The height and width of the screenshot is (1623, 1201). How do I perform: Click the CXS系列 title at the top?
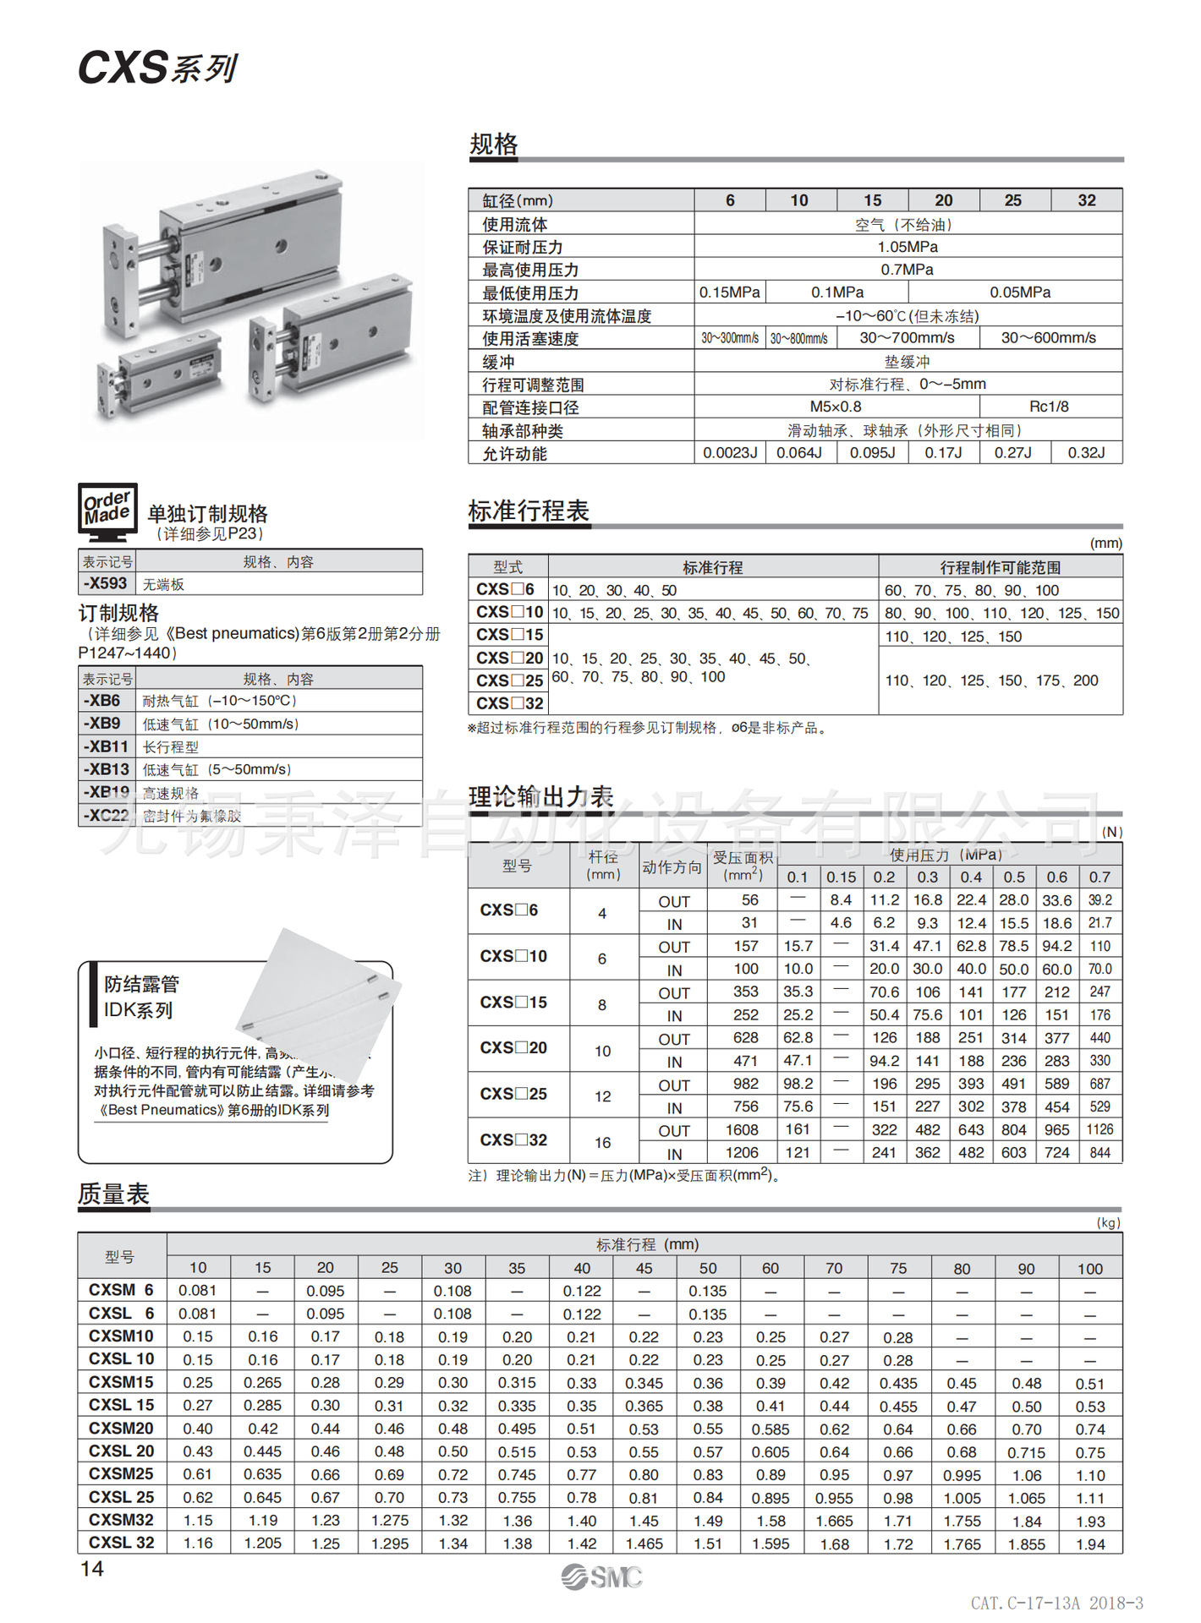tap(157, 68)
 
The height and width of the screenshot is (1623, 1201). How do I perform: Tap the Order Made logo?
tap(107, 511)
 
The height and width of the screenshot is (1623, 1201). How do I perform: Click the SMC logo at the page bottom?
tap(601, 1577)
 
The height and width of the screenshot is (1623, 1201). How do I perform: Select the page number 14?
tap(92, 1569)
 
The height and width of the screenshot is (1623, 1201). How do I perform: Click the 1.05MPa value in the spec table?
tap(908, 247)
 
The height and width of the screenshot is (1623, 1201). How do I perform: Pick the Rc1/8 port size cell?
tap(1049, 407)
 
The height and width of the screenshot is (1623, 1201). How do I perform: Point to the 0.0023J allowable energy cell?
tap(730, 453)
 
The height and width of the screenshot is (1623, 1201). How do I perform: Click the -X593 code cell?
tap(106, 583)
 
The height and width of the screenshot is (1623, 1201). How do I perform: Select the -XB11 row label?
tap(106, 746)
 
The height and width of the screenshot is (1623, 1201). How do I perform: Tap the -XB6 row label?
tap(102, 701)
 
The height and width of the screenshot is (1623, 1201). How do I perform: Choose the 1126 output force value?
tap(1100, 1130)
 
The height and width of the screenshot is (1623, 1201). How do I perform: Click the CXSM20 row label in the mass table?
tap(121, 1429)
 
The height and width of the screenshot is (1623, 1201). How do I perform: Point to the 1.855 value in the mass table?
tap(1026, 1544)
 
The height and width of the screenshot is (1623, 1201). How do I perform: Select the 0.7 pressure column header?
tap(1100, 877)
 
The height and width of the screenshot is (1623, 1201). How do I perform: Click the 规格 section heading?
tap(494, 145)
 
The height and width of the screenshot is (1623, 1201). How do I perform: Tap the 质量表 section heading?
tap(113, 1194)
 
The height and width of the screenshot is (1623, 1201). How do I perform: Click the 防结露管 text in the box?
tap(141, 984)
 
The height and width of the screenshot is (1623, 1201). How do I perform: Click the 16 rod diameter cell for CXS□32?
tap(602, 1143)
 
